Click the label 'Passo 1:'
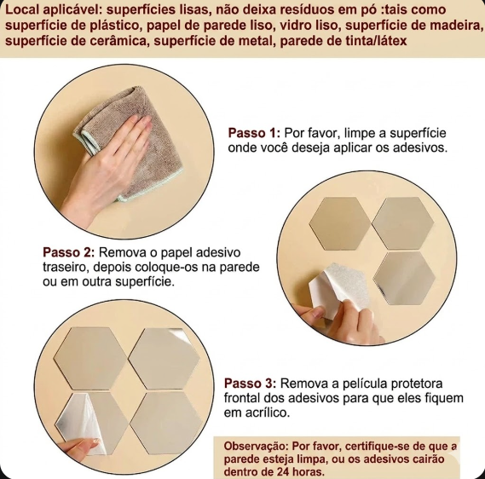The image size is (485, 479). [x=254, y=133]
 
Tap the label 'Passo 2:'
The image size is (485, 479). [x=68, y=252]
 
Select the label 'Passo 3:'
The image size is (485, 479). [x=250, y=384]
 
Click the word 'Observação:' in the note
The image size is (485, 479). [x=256, y=447]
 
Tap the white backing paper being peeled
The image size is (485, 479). [x=338, y=289]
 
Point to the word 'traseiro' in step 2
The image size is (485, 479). [x=64, y=267]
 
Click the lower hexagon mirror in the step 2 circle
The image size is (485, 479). [x=404, y=279]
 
